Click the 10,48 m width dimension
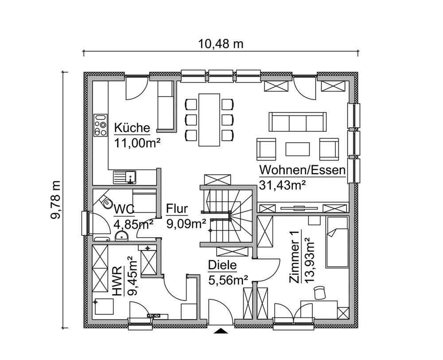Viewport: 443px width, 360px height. click(221, 43)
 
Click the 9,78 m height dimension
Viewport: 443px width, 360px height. click(57, 200)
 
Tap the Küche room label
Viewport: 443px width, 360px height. click(132, 128)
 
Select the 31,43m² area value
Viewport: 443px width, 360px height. click(283, 185)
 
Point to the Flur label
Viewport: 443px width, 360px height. click(177, 209)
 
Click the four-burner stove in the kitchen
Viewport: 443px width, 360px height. click(101, 125)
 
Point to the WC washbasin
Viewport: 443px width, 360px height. click(121, 236)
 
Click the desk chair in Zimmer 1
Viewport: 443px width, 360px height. click(319, 292)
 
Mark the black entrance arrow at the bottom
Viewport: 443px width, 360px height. click(220, 330)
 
